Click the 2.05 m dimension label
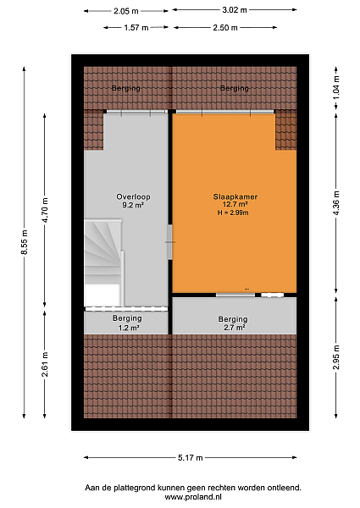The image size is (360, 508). coord(125,11)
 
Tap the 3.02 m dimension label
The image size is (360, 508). coord(235,10)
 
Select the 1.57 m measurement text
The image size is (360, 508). coord(136,28)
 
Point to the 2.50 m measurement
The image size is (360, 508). coord(224,28)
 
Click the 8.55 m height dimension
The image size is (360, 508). coord(25,242)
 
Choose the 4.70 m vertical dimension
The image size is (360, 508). coord(45,210)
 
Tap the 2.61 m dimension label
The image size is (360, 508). coord(45,364)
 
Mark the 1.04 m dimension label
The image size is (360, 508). coord(336,87)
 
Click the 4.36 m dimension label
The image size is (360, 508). coord(336,203)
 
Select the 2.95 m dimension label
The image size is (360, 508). coord(336,357)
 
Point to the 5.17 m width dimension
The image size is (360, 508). coord(191,458)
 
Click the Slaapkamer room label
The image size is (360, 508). coord(235,196)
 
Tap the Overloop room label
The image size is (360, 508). coord(133,196)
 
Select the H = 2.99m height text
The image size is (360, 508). coord(233,213)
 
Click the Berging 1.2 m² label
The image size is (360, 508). coord(127,323)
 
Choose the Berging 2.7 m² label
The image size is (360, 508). coord(233,323)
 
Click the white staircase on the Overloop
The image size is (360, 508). coord(103,262)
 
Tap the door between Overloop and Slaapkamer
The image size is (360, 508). coord(170,242)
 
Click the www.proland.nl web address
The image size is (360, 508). coord(193,497)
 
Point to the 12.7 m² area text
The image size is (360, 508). coord(235,204)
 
